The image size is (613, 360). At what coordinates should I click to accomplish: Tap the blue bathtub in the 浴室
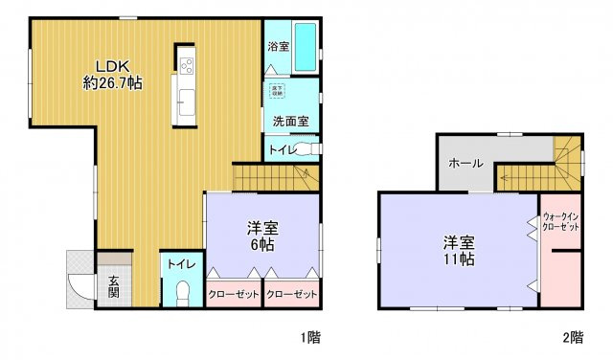(304, 46)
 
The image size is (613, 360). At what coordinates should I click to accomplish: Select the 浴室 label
(278, 45)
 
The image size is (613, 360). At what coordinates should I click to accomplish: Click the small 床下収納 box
(277, 91)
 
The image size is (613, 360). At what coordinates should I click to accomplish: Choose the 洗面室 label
(289, 122)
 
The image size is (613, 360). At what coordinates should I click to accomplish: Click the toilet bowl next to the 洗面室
(306, 149)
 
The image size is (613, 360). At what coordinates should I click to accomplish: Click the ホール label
(466, 163)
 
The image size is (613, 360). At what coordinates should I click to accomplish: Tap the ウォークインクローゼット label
(560, 222)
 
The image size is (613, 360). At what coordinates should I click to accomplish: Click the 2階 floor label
(573, 337)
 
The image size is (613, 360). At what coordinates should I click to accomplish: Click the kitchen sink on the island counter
(185, 99)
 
